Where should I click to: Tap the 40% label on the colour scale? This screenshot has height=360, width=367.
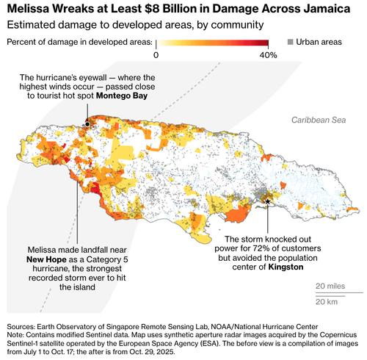[x=268, y=55]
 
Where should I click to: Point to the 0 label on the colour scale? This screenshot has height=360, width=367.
[x=156, y=55]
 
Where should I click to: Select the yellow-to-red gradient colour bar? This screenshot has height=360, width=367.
[x=212, y=42]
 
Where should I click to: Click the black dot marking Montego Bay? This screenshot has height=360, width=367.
[x=87, y=124]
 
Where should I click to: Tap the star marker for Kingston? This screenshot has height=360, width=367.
[x=268, y=201]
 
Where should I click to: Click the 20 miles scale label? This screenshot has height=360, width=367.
[x=330, y=286]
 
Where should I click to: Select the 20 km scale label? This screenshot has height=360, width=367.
[x=327, y=302]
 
